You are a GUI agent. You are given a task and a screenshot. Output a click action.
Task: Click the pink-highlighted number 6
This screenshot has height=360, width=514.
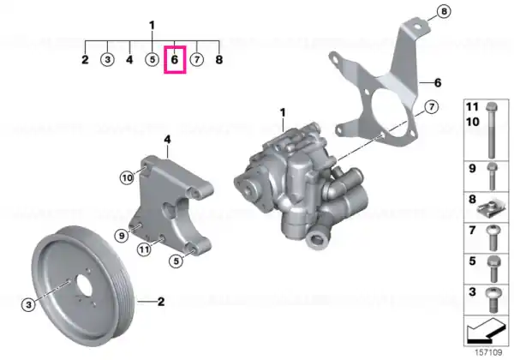pyautogui.click(x=175, y=60)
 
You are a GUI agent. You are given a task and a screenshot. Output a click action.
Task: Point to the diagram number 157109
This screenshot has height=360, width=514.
pyautogui.click(x=488, y=352)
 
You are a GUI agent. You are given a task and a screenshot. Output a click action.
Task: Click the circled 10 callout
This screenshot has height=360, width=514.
pyautogui.click(x=127, y=178)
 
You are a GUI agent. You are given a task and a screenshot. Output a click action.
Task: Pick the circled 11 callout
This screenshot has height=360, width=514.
pyautogui.click(x=144, y=249)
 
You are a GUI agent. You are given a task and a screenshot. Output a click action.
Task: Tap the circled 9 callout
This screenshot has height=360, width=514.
pyautogui.click(x=122, y=236)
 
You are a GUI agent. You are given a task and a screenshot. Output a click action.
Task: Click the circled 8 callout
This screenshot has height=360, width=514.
pyautogui.click(x=444, y=12)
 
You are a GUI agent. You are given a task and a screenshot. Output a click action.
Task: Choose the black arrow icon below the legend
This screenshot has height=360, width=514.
pyautogui.click(x=485, y=331)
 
